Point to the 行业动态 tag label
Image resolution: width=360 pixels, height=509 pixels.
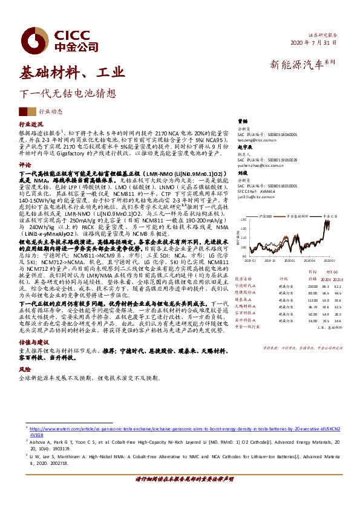[x=50, y=112]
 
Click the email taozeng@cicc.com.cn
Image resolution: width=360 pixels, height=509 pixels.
[x=258, y=140]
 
